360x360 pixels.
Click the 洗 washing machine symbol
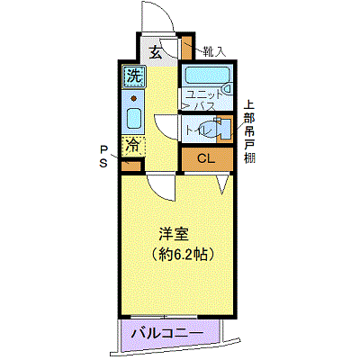133,77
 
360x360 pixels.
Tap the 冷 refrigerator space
133,146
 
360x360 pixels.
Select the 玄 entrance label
156,53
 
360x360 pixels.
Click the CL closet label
206,158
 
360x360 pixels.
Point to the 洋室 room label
174,235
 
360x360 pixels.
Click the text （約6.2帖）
183,255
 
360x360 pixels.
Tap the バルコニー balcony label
168,334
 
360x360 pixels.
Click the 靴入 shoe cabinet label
213,52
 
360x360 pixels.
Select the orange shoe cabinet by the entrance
187,48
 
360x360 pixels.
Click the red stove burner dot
133,98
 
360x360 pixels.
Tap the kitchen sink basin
134,118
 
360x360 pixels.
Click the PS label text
103,157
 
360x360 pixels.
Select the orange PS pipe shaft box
131,166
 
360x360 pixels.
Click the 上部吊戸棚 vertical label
249,131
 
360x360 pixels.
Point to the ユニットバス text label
200,100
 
